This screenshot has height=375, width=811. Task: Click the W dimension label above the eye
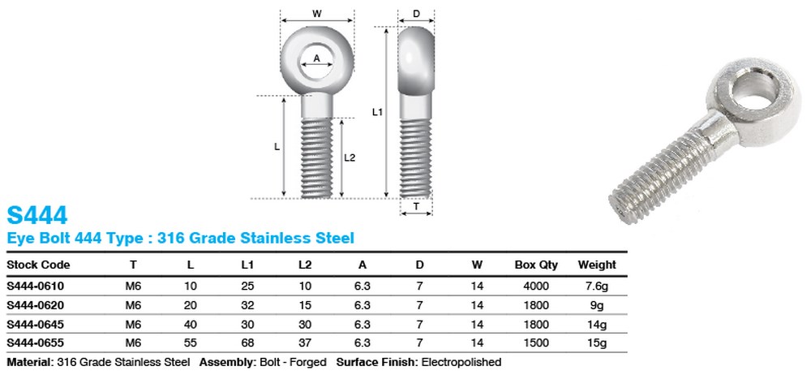[316, 15]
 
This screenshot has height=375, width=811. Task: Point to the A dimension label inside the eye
[317, 58]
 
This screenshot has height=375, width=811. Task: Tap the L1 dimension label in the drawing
[377, 112]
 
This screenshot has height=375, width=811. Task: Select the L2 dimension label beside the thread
[350, 158]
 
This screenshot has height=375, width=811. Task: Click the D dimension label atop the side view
[416, 14]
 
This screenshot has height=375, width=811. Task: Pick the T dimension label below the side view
[416, 207]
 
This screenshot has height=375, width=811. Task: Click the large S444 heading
[36, 215]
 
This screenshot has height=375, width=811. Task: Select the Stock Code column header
[38, 265]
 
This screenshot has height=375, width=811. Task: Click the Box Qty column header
[536, 265]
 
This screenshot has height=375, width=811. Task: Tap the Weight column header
[597, 265]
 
